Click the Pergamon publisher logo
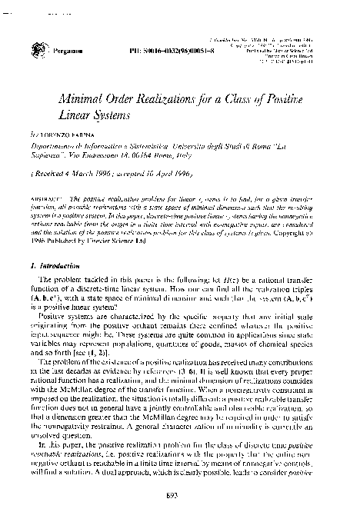pyautogui.click(x=39, y=48)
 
